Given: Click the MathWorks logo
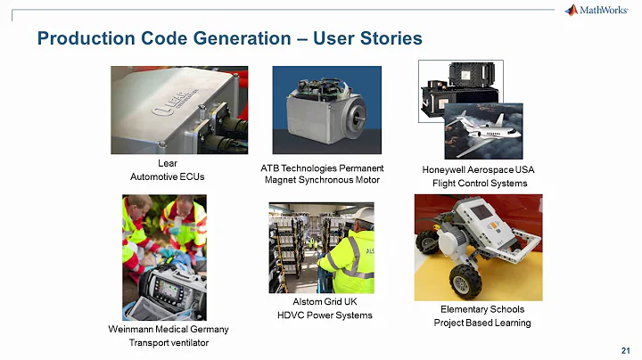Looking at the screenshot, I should (597, 11).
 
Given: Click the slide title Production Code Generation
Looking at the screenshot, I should (228, 38).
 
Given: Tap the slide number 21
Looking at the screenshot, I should (624, 348).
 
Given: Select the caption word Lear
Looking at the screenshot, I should (167, 163).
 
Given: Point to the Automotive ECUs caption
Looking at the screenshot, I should (167, 176).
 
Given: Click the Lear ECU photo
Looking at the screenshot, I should (179, 110).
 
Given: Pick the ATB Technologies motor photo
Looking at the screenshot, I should (326, 110).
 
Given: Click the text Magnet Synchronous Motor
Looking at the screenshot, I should (322, 180).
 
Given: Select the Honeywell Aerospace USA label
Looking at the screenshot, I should (478, 169).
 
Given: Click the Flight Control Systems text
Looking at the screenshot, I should (479, 184).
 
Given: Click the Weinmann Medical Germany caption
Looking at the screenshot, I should (167, 329).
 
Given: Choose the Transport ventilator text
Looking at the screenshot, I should (167, 343).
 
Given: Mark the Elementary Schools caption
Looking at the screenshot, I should (481, 308).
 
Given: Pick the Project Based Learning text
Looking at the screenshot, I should (481, 323).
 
